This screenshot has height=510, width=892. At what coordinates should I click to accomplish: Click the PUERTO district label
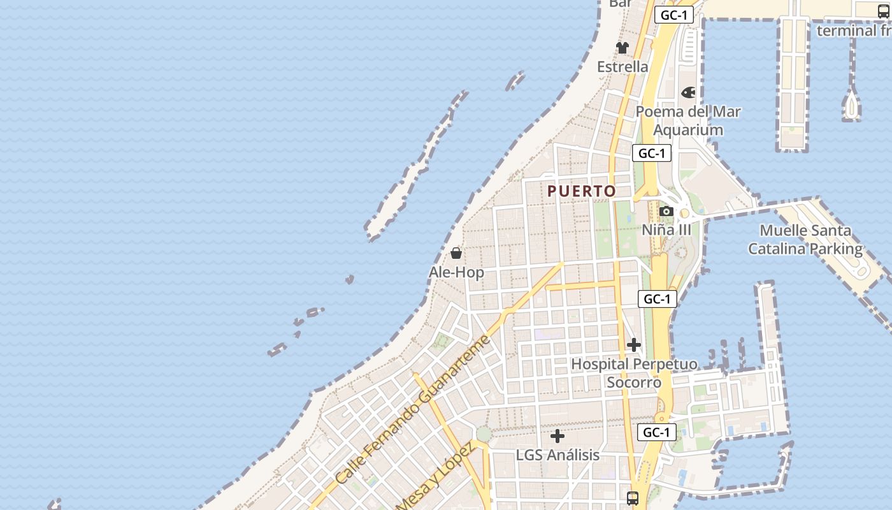582,191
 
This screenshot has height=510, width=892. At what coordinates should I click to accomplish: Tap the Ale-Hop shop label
456,273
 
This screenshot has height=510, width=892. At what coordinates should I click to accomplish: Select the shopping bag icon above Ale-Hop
456,253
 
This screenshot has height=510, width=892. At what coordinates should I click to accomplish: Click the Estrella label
622,67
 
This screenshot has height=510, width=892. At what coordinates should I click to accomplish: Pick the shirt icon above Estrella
622,48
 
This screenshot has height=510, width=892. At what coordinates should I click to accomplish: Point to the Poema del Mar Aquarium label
688,120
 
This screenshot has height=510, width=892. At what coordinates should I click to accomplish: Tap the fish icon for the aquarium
688,92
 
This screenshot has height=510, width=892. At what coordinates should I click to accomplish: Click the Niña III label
666,229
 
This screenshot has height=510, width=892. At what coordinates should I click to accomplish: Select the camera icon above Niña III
666,211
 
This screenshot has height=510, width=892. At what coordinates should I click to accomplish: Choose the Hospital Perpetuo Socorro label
634,373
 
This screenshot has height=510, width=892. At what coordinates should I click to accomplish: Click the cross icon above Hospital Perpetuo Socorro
634,345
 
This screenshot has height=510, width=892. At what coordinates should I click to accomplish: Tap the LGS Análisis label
557,455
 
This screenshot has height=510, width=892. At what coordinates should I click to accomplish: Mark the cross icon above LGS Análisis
557,436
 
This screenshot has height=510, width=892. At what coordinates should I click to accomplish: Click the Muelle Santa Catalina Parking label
805,240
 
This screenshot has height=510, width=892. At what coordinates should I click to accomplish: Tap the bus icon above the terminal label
883,11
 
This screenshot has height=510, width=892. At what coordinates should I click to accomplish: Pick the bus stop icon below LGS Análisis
633,498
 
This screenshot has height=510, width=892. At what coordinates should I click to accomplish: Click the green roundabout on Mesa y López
484,434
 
